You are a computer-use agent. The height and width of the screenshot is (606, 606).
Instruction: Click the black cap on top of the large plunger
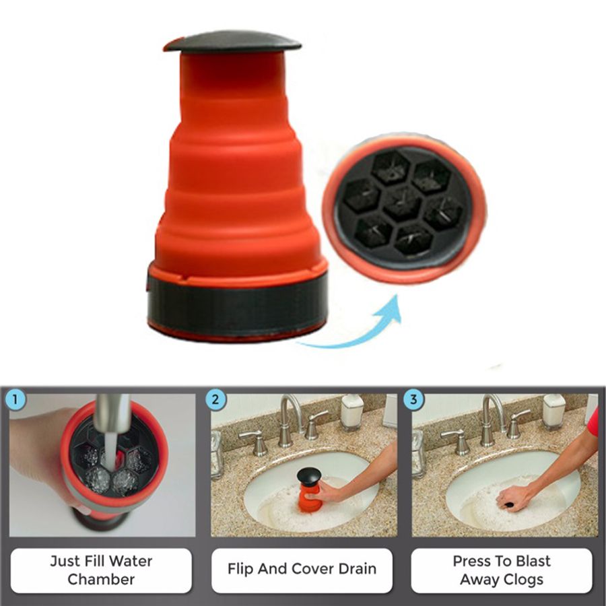point(232,42)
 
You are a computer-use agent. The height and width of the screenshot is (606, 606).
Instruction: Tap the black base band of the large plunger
point(237,305)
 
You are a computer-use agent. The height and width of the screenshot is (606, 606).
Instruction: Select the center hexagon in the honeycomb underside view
point(403,203)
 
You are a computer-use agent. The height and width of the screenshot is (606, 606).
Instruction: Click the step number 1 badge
point(15,399)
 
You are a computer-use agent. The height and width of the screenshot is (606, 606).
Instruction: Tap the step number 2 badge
point(215,399)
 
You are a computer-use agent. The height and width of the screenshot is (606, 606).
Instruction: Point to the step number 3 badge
point(413,399)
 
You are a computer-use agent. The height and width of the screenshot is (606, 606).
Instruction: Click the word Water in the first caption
point(130,561)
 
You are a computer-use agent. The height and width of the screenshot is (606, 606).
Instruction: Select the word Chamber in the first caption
point(101,579)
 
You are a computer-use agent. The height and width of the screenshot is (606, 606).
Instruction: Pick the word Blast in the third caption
point(531,561)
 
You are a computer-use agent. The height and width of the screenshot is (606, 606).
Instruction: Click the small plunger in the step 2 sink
point(309,490)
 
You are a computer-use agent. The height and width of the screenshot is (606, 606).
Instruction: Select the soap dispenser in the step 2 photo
point(351,412)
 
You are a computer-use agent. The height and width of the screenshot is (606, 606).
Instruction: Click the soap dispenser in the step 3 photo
point(553,412)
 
